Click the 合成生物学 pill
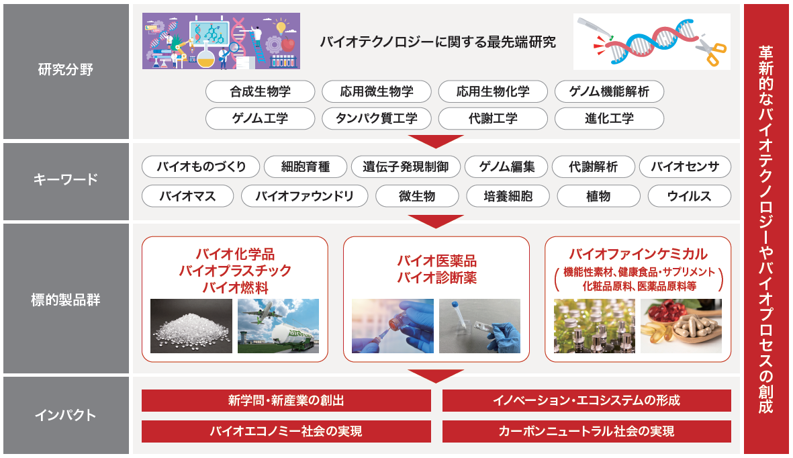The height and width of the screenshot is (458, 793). click(x=260, y=91)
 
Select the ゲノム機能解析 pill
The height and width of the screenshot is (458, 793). click(x=609, y=91)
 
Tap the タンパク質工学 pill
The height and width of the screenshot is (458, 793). click(x=376, y=118)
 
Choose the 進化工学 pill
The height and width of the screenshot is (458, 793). click(x=609, y=118)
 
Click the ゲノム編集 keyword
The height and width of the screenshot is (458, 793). click(x=506, y=167)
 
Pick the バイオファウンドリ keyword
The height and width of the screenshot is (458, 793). click(x=304, y=196)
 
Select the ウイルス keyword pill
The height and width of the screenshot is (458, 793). click(x=690, y=196)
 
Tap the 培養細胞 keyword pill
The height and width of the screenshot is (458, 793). click(x=508, y=196)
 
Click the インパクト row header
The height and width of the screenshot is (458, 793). click(x=66, y=415)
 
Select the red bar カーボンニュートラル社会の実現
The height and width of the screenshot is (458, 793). click(x=587, y=431)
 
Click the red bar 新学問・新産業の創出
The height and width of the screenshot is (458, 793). click(x=286, y=400)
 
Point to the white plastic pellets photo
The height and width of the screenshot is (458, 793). click(x=191, y=326)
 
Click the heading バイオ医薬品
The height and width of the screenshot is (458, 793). click(x=436, y=261)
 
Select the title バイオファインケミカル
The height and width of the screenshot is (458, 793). click(x=638, y=254)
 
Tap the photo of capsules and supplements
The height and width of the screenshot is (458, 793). click(x=682, y=326)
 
